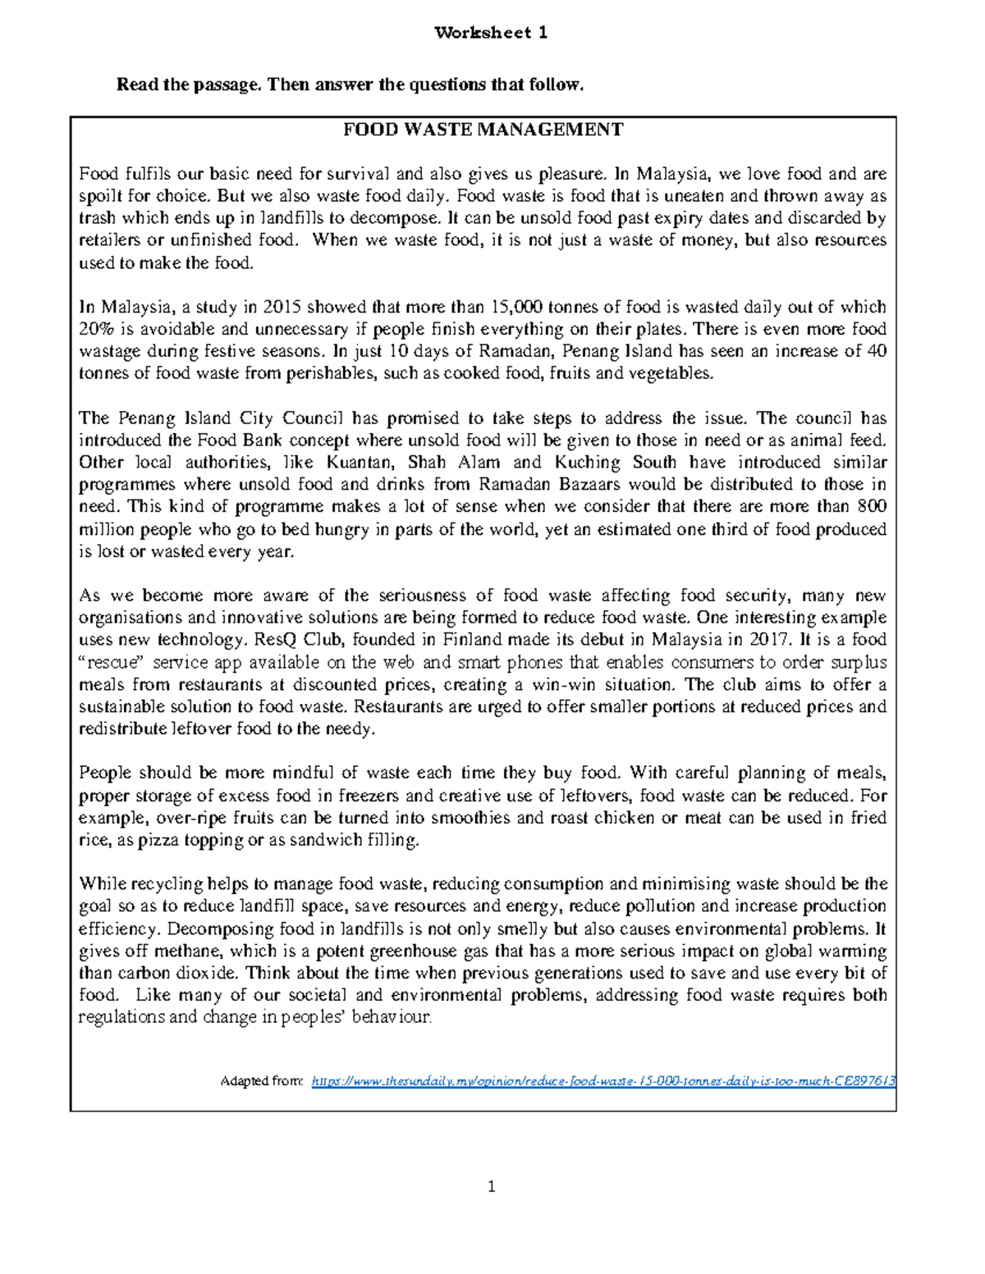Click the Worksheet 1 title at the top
coord(491,33)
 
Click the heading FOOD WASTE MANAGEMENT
coord(483,130)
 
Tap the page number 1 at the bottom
coord(491,1186)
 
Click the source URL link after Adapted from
coord(603,1081)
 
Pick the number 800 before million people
coord(871,507)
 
